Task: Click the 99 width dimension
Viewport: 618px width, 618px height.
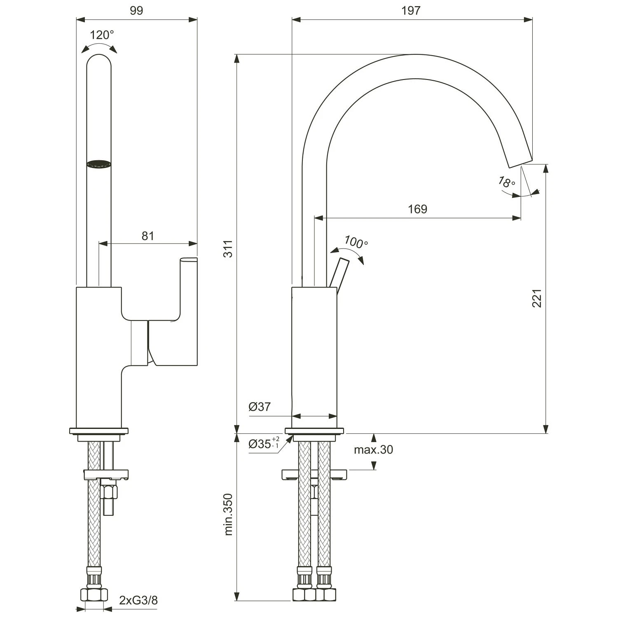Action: pos(136,11)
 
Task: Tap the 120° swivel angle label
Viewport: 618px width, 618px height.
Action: pos(102,35)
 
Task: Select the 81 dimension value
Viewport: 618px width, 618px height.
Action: pos(148,236)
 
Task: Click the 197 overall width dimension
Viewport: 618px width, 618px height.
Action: pos(411,11)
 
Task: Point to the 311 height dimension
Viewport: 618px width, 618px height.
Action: pos(228,248)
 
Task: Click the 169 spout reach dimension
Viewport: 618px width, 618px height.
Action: pos(417,209)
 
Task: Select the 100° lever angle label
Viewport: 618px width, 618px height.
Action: pos(356,242)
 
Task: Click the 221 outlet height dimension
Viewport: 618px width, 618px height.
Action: pos(537,298)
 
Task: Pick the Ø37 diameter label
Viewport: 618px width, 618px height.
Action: pos(260,407)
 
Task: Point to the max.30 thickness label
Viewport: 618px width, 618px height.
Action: pos(373,449)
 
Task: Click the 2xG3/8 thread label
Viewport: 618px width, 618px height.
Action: pos(138,600)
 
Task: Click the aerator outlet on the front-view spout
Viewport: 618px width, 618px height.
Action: pos(99,164)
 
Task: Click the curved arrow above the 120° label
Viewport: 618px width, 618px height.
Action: pos(99,46)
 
